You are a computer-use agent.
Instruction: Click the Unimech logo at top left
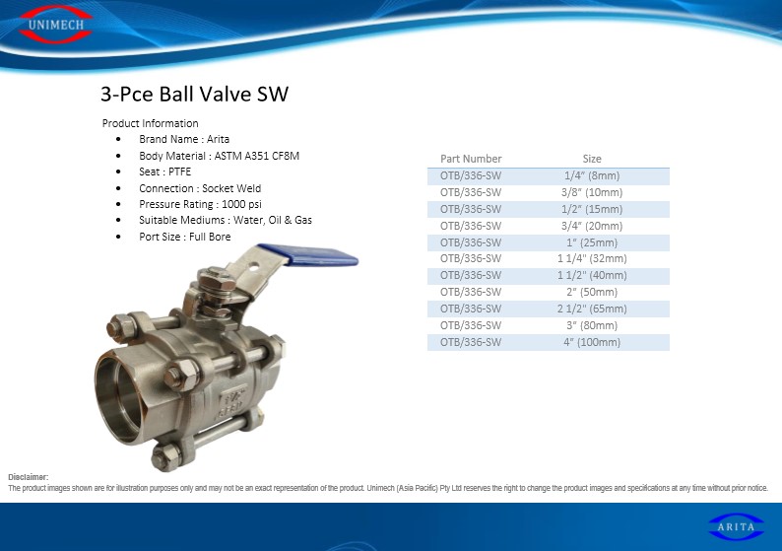[56, 24]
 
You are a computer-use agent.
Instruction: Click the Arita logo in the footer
[736, 526]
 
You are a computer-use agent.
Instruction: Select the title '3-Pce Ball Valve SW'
[194, 94]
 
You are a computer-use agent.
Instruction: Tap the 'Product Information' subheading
[150, 123]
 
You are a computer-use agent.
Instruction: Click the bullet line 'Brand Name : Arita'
[184, 139]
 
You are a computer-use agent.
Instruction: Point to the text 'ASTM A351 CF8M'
[257, 156]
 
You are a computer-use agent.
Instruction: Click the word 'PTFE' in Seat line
[179, 172]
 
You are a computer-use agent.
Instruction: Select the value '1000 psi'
[241, 204]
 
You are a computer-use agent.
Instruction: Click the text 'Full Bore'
[210, 237]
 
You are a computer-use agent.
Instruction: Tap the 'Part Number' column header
[471, 159]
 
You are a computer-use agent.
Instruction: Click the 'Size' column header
[592, 159]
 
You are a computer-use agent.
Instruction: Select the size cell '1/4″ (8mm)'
[592, 175]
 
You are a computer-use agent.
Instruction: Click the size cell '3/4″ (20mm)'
[592, 226]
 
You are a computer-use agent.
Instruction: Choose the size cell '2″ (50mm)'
[592, 292]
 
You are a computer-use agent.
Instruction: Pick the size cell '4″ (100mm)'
[592, 342]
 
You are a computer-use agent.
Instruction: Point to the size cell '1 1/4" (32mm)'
[592, 258]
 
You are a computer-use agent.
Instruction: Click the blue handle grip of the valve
[309, 254]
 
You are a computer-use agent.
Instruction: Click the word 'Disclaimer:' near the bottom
[28, 477]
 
